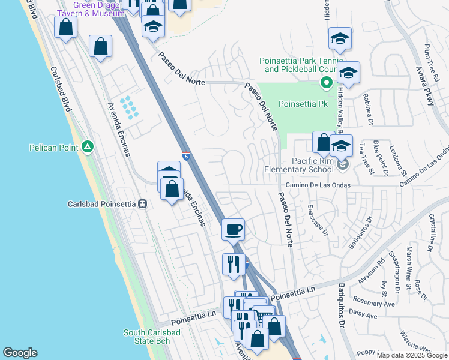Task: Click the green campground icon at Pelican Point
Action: pos(88,146)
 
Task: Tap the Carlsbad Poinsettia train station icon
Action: pos(143,203)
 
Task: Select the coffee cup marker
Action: pos(233,229)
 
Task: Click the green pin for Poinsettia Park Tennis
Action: pos(327,82)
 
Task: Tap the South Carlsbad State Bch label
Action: pos(147,337)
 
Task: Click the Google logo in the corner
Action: pos(20,353)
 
